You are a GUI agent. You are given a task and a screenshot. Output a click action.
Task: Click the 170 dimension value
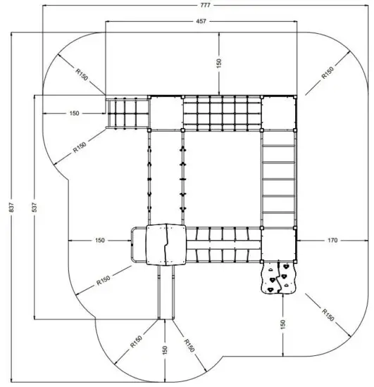(x=332, y=241)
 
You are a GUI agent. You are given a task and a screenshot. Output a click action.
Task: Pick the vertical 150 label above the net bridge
(x=219, y=63)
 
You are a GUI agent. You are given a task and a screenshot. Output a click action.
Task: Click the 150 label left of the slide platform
(x=99, y=241)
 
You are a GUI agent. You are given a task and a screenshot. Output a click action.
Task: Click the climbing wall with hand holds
(x=280, y=277)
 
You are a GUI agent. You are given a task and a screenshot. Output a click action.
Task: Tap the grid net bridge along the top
(x=221, y=113)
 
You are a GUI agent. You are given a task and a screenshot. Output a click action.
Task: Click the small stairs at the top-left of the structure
(x=127, y=113)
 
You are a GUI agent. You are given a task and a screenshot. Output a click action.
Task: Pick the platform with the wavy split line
(x=166, y=245)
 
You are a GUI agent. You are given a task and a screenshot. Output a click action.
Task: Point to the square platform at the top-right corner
(x=279, y=113)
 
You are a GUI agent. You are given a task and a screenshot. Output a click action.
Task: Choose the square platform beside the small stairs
(x=166, y=113)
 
